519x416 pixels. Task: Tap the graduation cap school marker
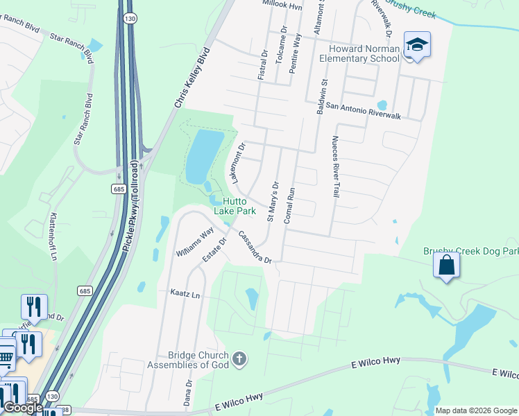tap(417, 46)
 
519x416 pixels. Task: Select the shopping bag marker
tap(446, 265)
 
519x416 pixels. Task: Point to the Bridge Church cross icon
tap(239, 358)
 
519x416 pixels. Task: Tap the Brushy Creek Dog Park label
tap(470, 251)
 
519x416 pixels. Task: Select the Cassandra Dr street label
tap(255, 248)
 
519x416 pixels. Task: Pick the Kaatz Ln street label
tap(185, 294)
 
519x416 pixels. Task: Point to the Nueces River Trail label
tap(335, 166)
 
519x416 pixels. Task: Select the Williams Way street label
tap(194, 244)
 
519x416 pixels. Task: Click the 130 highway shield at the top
tap(129, 19)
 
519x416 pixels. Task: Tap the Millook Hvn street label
tap(284, 4)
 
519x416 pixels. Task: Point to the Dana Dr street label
tap(189, 392)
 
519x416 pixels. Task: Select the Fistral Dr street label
tap(262, 64)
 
